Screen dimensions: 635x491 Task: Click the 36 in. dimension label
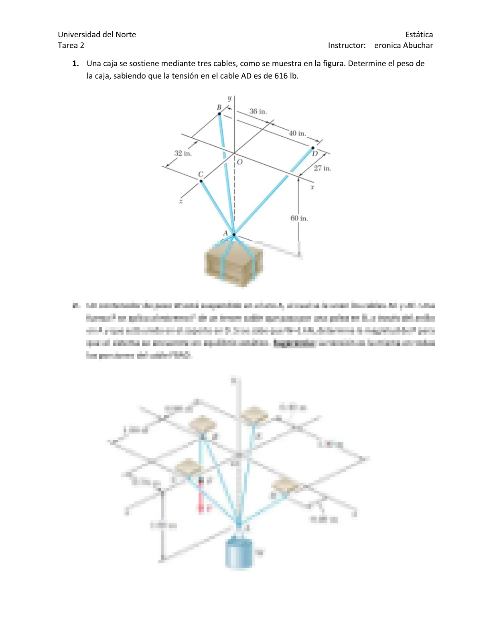(258, 111)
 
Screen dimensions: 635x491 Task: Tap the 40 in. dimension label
(297, 133)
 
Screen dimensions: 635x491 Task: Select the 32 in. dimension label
(183, 153)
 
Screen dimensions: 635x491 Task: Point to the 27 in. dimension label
(322, 168)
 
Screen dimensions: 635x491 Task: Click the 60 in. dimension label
(299, 218)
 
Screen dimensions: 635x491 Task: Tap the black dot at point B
(219, 114)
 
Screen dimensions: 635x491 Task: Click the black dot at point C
(201, 181)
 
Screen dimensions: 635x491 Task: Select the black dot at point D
(313, 148)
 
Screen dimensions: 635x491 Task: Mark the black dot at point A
(234, 235)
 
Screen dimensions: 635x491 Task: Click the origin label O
(240, 162)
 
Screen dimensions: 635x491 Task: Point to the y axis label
(229, 98)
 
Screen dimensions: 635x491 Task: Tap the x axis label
(312, 187)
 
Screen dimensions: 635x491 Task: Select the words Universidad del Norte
(97, 34)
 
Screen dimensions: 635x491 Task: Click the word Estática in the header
(419, 34)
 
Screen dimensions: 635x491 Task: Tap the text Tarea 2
(71, 45)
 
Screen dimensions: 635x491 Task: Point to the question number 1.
(75, 63)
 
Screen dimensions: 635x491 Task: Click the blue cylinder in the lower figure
(239, 553)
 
